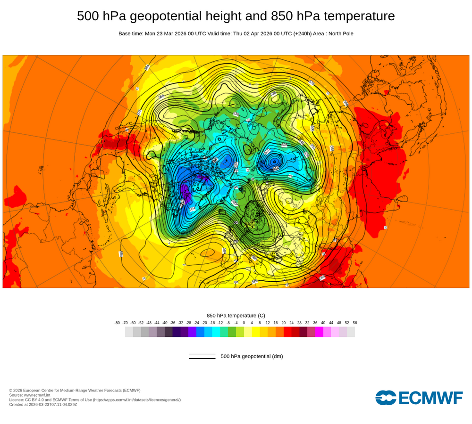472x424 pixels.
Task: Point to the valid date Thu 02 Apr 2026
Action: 254,34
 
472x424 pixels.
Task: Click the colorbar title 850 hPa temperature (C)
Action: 236,315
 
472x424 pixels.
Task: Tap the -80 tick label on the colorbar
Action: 117,323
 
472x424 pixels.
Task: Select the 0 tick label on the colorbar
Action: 244,323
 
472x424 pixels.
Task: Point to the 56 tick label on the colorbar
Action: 355,323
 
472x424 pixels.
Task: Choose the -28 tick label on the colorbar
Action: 188,323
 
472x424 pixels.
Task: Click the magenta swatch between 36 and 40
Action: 319,332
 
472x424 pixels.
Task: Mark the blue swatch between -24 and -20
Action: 200,332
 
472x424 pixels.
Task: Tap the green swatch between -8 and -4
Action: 232,332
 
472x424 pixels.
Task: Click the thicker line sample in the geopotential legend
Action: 202,359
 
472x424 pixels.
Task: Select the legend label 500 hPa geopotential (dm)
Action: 252,356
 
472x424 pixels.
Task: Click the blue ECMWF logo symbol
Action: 386,398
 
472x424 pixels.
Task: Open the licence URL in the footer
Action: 136,400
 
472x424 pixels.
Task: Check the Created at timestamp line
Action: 43,404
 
